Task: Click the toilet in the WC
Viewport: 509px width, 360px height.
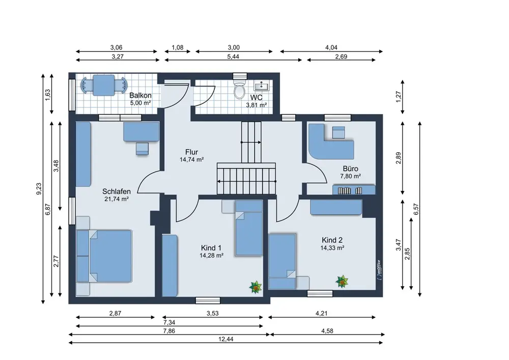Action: tap(240, 89)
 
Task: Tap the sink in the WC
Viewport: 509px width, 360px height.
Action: tap(261, 86)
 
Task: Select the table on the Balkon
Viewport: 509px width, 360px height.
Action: tap(103, 86)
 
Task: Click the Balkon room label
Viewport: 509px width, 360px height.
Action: tap(140, 95)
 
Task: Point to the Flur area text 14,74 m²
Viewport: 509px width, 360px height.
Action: tap(191, 160)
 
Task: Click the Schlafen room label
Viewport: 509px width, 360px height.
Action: tap(117, 191)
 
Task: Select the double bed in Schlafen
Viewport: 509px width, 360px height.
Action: tap(104, 256)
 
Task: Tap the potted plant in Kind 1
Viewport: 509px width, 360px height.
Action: tap(256, 287)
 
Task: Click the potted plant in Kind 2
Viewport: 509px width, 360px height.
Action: tap(342, 281)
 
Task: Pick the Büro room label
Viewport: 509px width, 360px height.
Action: tap(351, 169)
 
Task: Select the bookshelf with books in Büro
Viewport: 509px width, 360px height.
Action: tap(354, 189)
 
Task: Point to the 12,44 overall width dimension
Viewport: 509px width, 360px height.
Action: tap(226, 339)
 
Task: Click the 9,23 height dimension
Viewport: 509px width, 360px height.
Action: tap(39, 189)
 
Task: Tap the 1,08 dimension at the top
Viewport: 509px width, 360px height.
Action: tap(177, 48)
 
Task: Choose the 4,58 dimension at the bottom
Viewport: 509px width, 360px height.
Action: tap(327, 331)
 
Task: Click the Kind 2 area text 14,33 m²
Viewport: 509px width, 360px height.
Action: tap(332, 248)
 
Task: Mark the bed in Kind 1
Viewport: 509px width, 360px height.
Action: tap(249, 228)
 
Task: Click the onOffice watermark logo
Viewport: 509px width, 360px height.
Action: tap(379, 270)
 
